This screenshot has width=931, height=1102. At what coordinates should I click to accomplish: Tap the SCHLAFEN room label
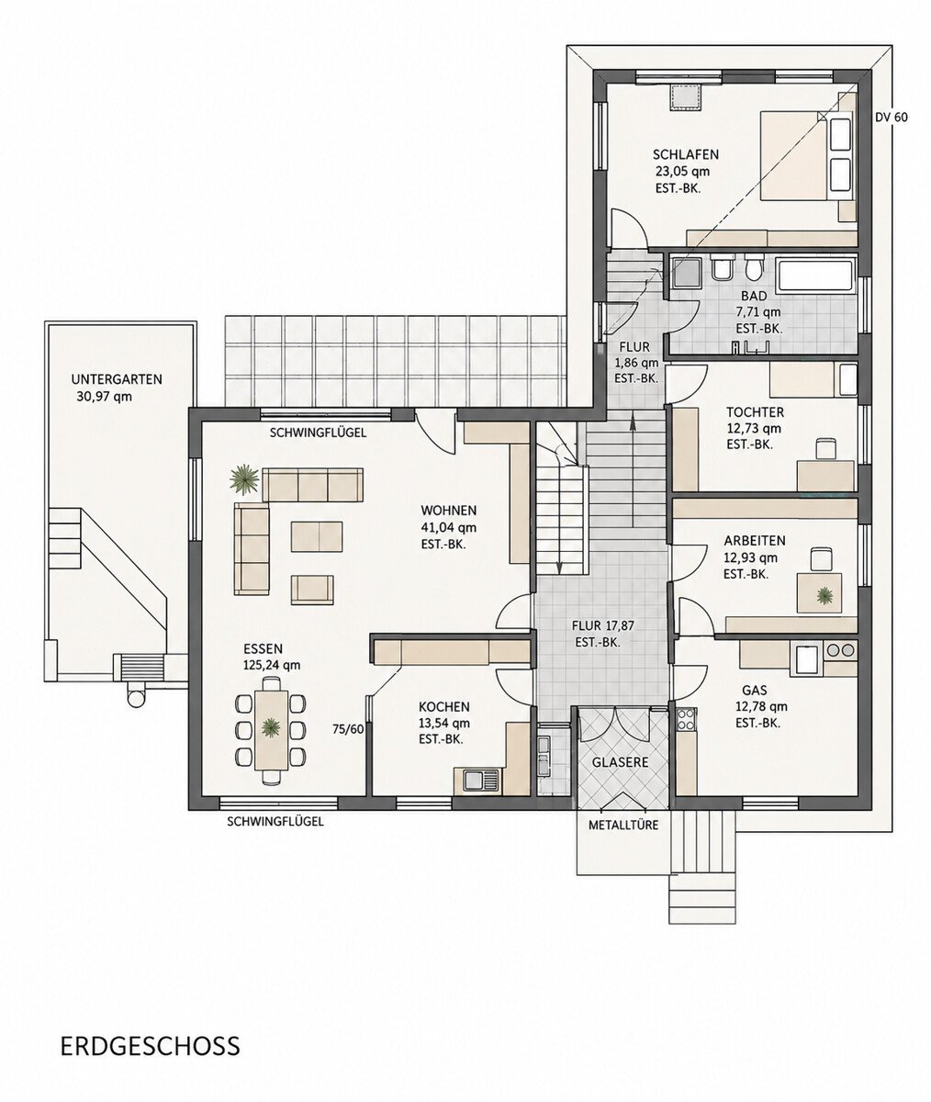[686, 154]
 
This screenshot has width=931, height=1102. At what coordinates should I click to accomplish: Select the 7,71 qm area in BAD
[757, 312]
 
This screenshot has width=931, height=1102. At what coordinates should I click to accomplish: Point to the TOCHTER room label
[755, 411]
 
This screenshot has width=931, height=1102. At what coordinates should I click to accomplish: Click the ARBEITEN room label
[755, 541]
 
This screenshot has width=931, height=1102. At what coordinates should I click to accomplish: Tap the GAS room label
[754, 690]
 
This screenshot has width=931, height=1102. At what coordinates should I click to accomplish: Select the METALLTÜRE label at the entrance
[623, 825]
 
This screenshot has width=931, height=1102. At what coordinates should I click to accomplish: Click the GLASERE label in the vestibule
[620, 762]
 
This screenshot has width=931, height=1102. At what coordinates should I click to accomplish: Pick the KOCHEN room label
[443, 707]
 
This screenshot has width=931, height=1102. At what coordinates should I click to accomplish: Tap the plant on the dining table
[271, 728]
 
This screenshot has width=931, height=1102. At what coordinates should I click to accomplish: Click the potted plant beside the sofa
[244, 479]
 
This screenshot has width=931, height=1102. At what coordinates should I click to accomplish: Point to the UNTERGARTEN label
[117, 379]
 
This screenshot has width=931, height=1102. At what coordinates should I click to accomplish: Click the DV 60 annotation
[892, 118]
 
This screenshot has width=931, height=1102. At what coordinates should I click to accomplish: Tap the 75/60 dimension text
[348, 729]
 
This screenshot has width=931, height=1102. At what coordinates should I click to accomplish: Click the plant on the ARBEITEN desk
[824, 596]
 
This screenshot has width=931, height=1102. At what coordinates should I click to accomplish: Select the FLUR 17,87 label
[602, 626]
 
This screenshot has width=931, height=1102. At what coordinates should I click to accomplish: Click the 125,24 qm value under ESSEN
[272, 665]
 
